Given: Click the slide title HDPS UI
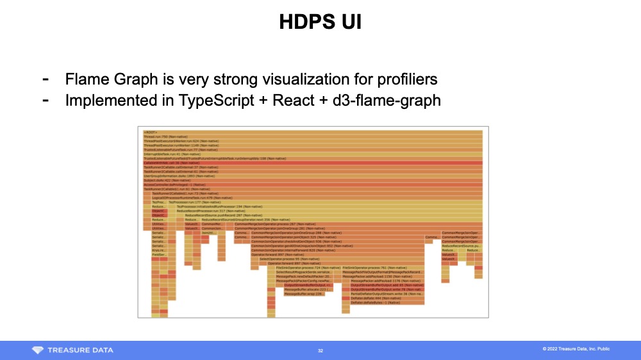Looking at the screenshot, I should pyautogui.click(x=320, y=22).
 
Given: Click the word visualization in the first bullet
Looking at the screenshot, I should pyautogui.click(x=283, y=79).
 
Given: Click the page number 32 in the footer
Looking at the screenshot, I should pyautogui.click(x=320, y=350).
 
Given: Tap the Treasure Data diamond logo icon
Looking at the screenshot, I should pyautogui.click(x=38, y=350).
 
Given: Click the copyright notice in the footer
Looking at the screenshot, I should pyautogui.click(x=576, y=349).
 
